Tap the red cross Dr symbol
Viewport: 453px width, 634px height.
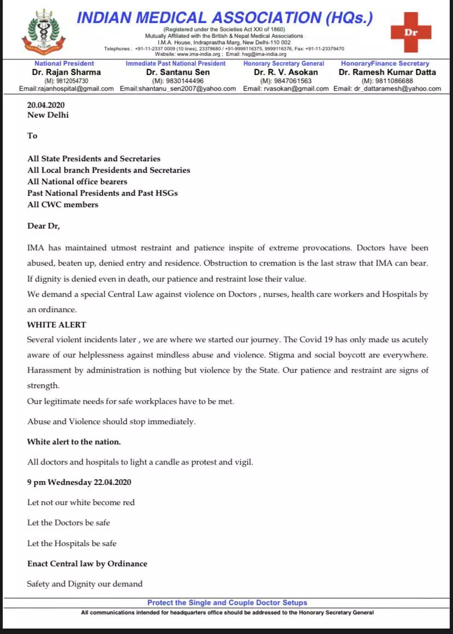click(411, 32)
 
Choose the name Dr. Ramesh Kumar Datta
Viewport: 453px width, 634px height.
click(387, 72)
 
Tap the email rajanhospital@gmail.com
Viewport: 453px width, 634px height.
click(66, 89)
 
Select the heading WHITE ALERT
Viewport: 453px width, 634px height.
click(57, 325)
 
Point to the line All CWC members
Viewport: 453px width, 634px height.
click(63, 204)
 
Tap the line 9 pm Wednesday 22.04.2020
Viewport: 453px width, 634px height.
click(79, 482)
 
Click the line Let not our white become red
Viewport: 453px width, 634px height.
click(81, 502)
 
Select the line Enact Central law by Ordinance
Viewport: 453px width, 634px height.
click(88, 563)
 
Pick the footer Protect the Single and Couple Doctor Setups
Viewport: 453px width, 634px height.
click(227, 603)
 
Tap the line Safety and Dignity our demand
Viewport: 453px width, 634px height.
click(85, 584)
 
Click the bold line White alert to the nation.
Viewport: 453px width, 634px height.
click(74, 441)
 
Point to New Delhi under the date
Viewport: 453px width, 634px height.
click(48, 115)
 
